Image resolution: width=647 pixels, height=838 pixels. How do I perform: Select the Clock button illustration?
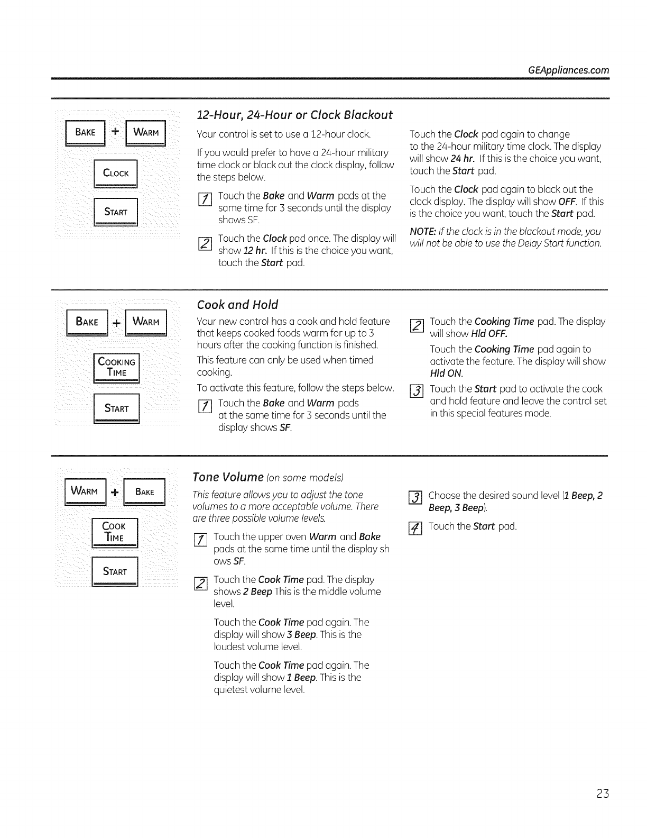pyautogui.click(x=116, y=173)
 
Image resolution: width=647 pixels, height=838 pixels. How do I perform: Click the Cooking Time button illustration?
pyautogui.click(x=116, y=367)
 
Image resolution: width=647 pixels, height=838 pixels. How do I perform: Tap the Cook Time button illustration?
pyautogui.click(x=114, y=532)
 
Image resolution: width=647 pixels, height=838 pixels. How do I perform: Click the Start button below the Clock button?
pyautogui.click(x=116, y=212)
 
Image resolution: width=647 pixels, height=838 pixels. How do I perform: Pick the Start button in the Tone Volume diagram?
pyautogui.click(x=115, y=571)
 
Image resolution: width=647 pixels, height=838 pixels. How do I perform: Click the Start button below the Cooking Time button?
pyautogui.click(x=116, y=408)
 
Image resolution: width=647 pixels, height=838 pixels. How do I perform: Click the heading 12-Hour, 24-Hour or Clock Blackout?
pyautogui.click(x=294, y=115)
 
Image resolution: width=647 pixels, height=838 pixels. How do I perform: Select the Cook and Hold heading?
pyautogui.click(x=237, y=305)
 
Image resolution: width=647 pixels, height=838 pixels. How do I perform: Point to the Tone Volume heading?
pyautogui.click(x=228, y=477)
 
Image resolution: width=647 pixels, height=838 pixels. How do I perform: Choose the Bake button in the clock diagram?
pyautogui.click(x=86, y=133)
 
